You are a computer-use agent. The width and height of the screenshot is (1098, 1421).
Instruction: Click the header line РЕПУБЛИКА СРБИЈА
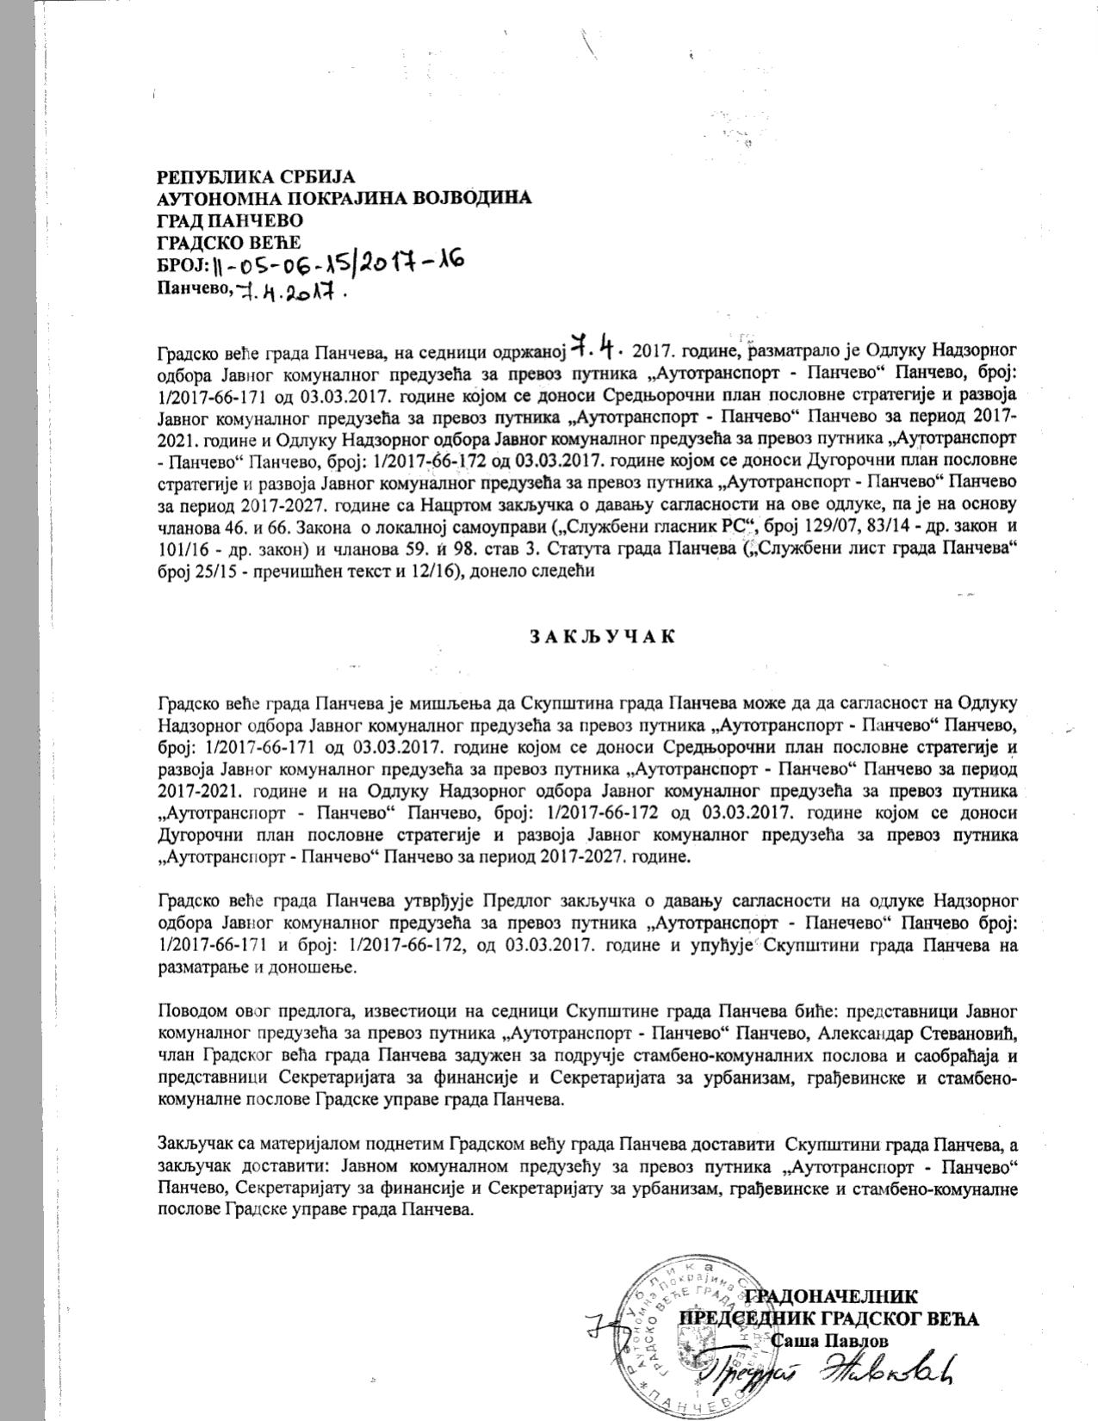256,177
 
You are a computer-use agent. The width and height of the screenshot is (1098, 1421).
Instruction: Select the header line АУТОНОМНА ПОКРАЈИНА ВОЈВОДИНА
344,198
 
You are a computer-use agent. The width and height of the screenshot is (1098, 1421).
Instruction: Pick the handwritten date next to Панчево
290,291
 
